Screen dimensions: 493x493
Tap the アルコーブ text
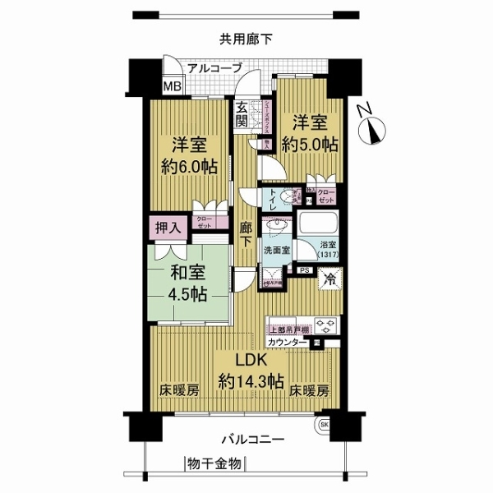214,67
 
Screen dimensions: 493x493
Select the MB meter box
171,86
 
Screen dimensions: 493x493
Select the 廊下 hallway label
246,233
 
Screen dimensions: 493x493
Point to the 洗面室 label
276,250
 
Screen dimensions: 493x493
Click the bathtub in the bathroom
318,224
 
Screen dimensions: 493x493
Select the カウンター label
287,342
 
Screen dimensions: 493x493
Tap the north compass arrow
374,128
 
